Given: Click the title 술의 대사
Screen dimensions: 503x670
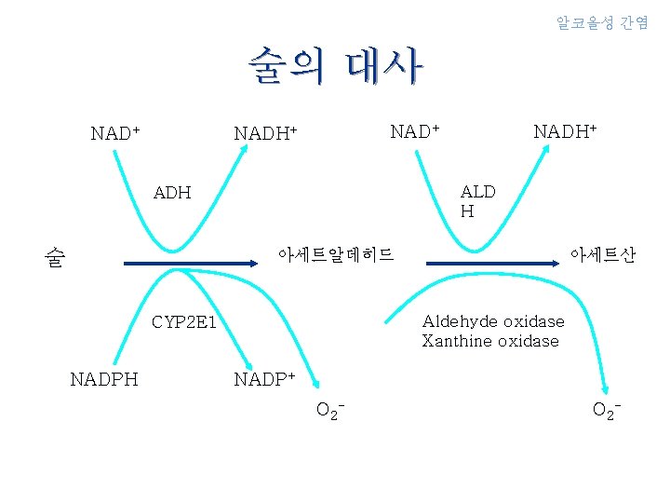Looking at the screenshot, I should click(335, 66).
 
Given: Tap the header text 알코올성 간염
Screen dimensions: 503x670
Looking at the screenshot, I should click(602, 22).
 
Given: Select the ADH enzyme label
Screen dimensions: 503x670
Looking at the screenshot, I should click(172, 193).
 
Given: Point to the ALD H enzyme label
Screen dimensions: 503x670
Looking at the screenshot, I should click(477, 201).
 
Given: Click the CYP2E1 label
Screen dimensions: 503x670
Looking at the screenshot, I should click(184, 323).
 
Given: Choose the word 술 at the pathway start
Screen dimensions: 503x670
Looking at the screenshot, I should click(55, 258).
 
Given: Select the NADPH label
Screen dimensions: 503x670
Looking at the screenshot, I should click(104, 379).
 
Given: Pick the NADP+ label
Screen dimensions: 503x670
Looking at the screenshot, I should click(264, 379).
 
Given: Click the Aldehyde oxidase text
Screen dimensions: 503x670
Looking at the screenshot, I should click(492, 321).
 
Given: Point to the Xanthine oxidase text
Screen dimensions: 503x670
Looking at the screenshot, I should click(489, 341).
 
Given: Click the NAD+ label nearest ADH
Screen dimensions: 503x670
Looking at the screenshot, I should click(115, 133).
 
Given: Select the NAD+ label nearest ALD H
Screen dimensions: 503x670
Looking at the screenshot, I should click(415, 130).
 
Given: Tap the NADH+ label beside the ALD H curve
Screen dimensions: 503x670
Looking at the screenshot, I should click(564, 130).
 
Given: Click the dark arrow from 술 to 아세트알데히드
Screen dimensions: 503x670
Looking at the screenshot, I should click(186, 265).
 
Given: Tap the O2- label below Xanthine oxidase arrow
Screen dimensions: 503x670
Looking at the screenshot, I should click(607, 409).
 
